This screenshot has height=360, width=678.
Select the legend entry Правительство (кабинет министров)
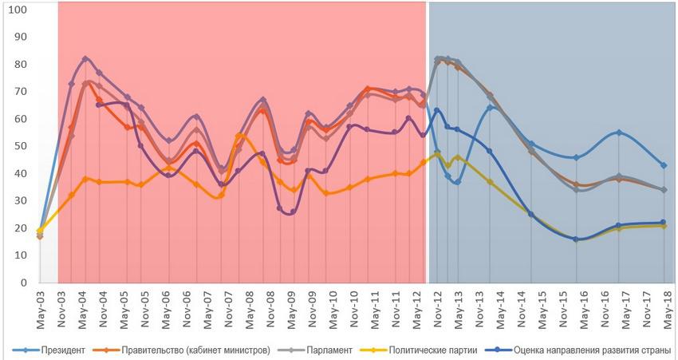[195, 350]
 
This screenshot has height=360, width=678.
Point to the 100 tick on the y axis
[18, 10]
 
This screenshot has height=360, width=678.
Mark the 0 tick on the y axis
[23, 283]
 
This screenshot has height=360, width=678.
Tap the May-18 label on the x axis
[664, 301]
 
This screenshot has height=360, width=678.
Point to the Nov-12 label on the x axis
[436, 301]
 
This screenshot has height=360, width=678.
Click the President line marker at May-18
[664, 165]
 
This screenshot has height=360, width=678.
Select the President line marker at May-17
[619, 133]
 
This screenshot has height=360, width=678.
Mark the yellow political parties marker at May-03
[40, 231]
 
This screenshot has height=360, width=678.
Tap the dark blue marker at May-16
[576, 239]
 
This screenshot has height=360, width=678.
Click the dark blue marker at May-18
[664, 223]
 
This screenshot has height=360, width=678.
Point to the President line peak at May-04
[85, 58]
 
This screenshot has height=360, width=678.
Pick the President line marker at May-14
[490, 108]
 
